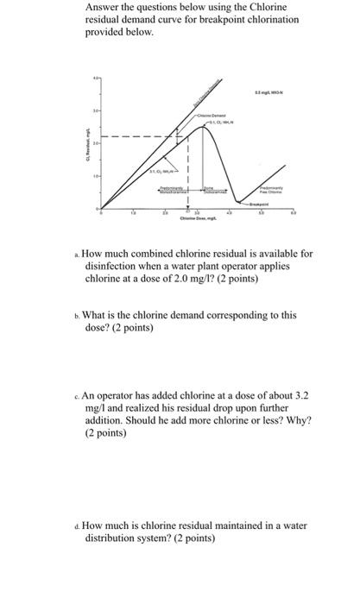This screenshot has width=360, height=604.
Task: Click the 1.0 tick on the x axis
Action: coord(132,213)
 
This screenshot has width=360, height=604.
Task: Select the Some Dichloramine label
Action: coord(212,191)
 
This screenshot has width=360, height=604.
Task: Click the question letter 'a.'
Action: coord(77,255)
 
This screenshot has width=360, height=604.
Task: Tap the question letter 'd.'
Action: coord(77,525)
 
